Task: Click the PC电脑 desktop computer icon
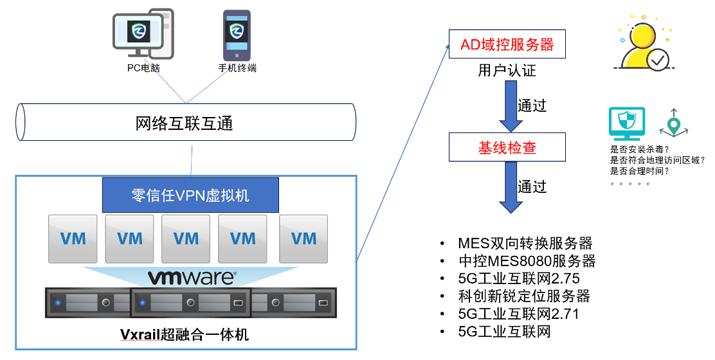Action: [x=143, y=32]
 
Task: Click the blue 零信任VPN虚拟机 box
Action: [x=190, y=195]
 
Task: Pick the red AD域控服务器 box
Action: [x=507, y=45]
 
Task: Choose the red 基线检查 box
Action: [x=507, y=147]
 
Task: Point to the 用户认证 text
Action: [x=507, y=71]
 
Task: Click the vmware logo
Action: [x=192, y=278]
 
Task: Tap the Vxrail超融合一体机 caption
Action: [x=185, y=334]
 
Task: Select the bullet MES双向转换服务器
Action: [x=525, y=244]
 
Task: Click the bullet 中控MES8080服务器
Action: [x=527, y=261]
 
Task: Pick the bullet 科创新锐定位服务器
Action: [x=523, y=296]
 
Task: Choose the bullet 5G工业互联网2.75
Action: [x=518, y=278]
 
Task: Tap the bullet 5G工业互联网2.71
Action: [x=518, y=314]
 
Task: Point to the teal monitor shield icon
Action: [x=626, y=124]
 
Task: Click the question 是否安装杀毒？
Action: [x=638, y=148]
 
